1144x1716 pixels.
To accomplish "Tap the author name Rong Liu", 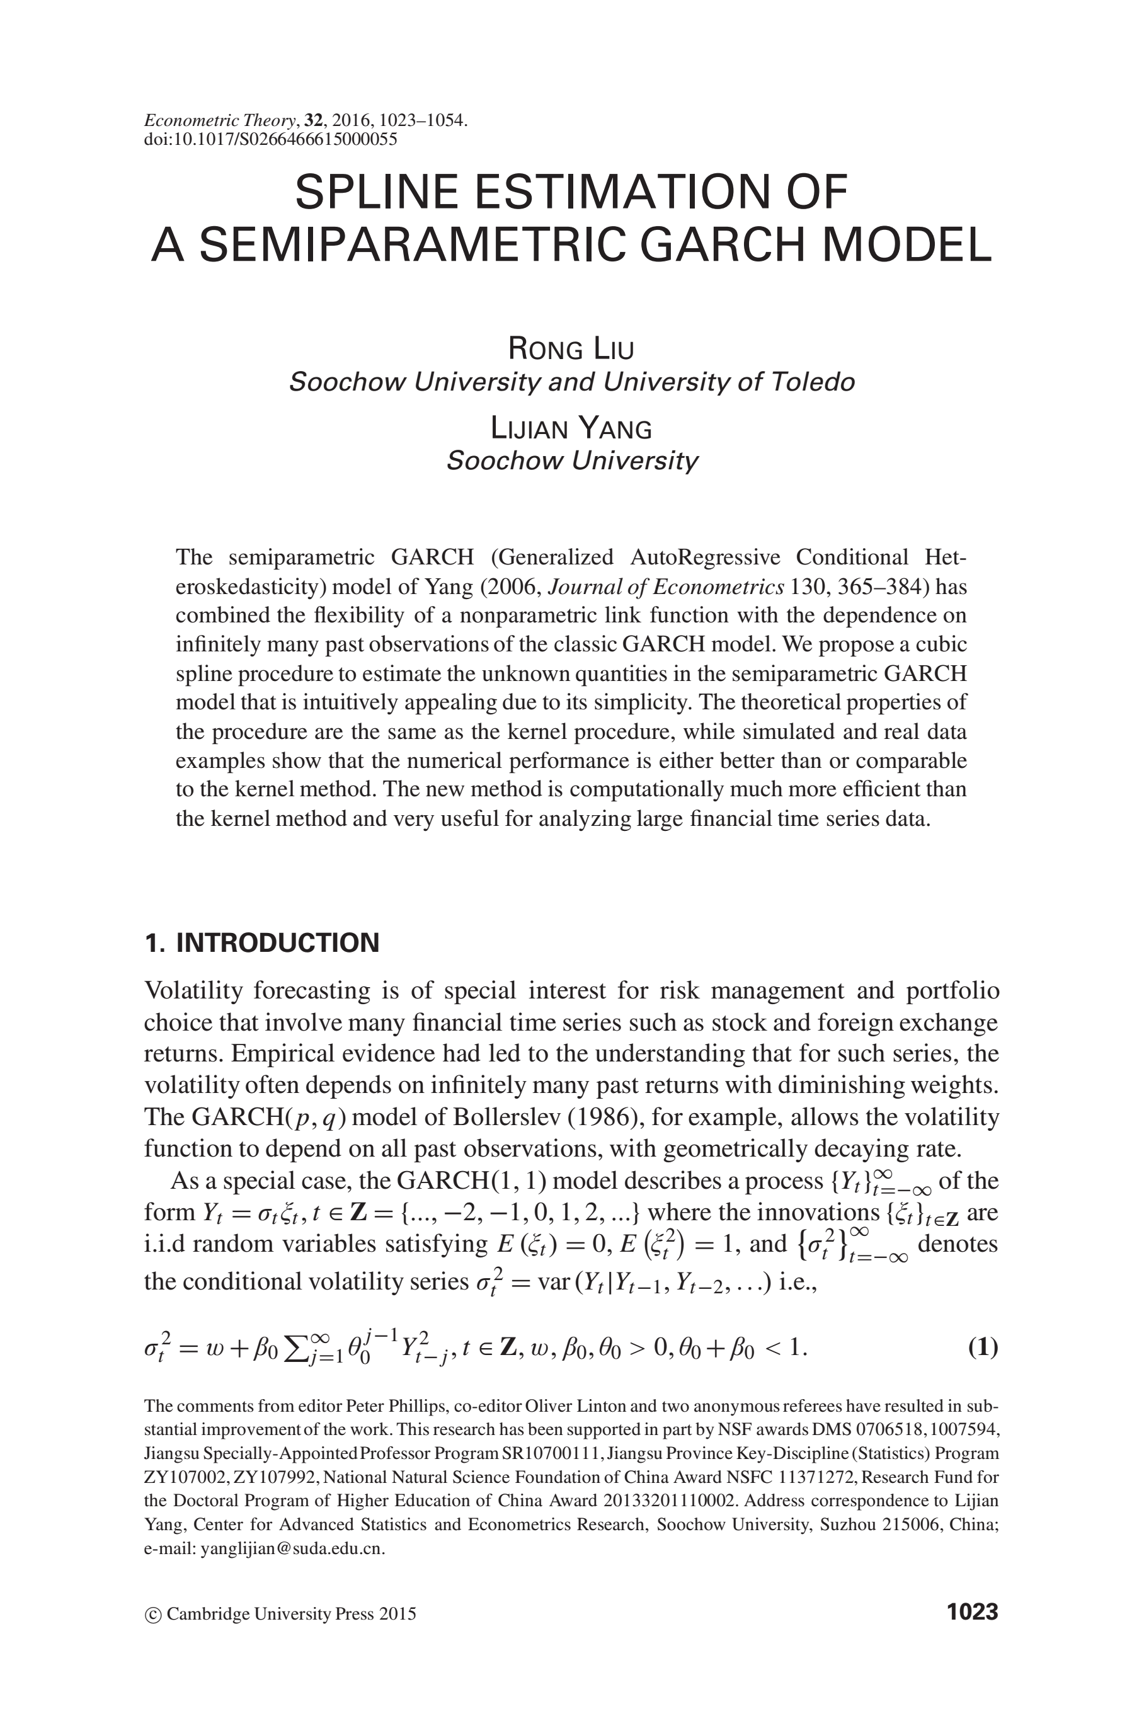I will point(571,349).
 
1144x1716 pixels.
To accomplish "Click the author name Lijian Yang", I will point(571,428).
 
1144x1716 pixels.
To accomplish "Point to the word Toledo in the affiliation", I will point(816,382).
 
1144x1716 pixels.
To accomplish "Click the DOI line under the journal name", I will point(271,139).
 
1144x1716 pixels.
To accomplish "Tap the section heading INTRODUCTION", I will point(278,942).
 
